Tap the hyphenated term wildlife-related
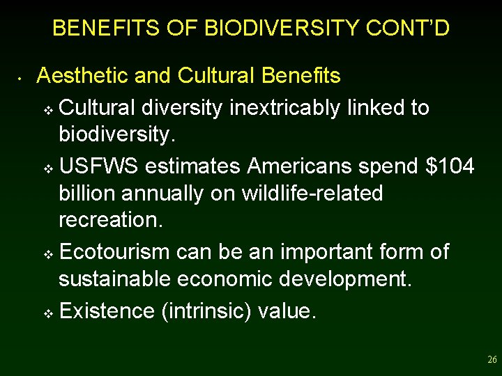tap(312, 193)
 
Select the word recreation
tap(110, 220)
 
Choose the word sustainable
tap(114, 279)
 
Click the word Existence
tap(107, 311)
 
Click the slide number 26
tap(492, 360)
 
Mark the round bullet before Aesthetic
tap(22, 77)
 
